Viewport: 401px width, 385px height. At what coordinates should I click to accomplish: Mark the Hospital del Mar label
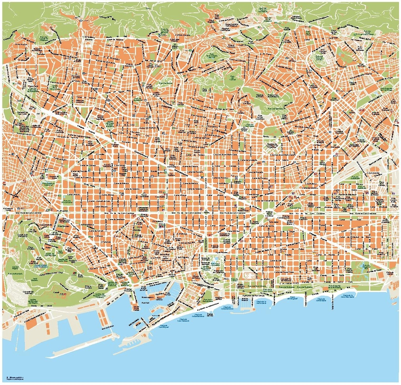[219, 298]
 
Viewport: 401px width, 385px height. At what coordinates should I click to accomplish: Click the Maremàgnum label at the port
[148, 297]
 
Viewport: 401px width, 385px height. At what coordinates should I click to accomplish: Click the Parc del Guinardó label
[275, 108]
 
